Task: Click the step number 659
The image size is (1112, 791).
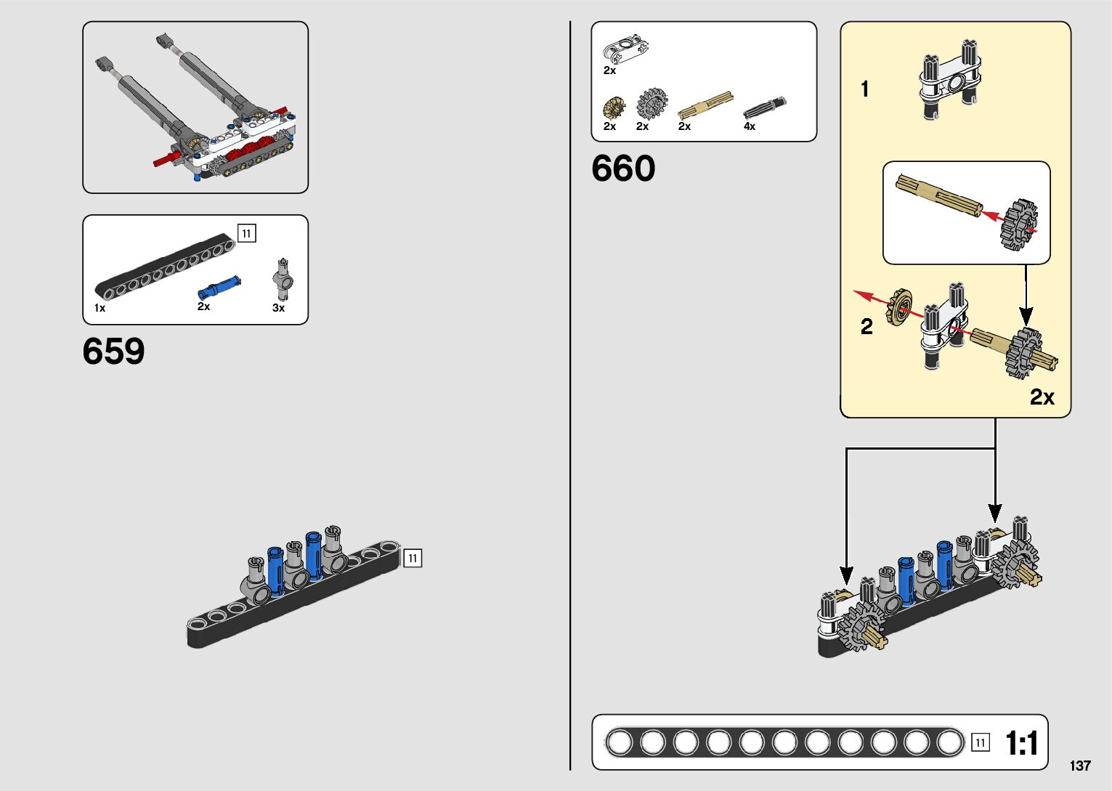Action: pyautogui.click(x=113, y=352)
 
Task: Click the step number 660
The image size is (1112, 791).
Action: pyautogui.click(x=623, y=169)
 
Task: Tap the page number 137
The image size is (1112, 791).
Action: pyautogui.click(x=1080, y=766)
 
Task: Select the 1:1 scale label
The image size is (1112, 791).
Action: pyautogui.click(x=1021, y=743)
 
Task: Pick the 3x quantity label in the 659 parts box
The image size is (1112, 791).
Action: pyautogui.click(x=278, y=308)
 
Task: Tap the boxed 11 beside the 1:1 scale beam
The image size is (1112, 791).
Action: pyautogui.click(x=980, y=742)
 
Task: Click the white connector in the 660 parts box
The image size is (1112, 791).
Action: pyautogui.click(x=625, y=49)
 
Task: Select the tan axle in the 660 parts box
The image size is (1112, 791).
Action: pyautogui.click(x=705, y=105)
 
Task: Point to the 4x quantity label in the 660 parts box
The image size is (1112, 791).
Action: pyautogui.click(x=750, y=126)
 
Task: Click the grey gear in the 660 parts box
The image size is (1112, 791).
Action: pyautogui.click(x=652, y=104)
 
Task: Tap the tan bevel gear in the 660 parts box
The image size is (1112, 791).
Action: pyautogui.click(x=614, y=108)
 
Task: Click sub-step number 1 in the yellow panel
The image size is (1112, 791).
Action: pyautogui.click(x=864, y=89)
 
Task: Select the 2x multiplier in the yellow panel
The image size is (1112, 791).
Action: pyautogui.click(x=1042, y=397)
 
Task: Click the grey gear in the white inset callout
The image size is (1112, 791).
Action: pyautogui.click(x=1018, y=225)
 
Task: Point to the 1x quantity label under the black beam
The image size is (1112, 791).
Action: pyautogui.click(x=100, y=308)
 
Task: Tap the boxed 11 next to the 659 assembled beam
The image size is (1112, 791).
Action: pyautogui.click(x=413, y=558)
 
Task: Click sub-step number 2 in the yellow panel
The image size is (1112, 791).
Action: pyautogui.click(x=867, y=327)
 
